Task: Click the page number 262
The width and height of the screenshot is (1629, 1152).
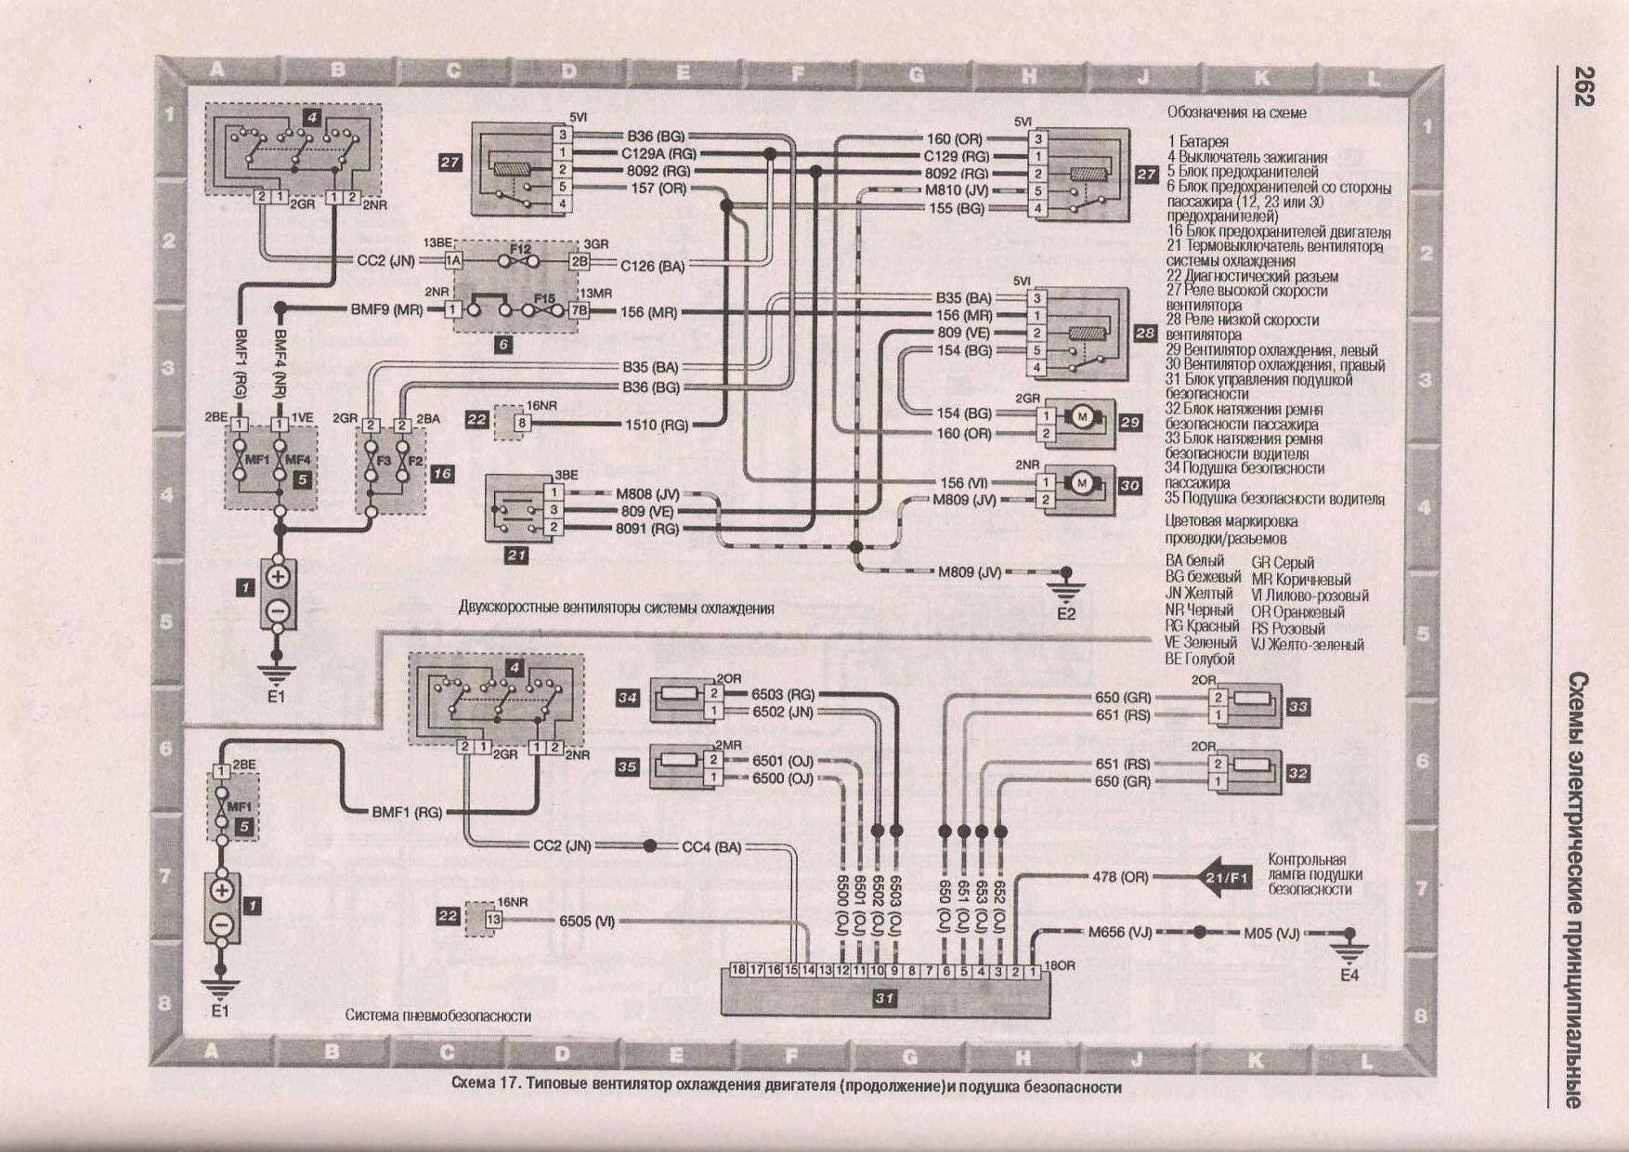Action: pos(1583,86)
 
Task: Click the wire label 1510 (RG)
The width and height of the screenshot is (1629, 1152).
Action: pos(656,425)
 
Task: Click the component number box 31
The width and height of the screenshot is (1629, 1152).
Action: pos(884,999)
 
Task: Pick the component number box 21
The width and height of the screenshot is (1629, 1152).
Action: pos(515,556)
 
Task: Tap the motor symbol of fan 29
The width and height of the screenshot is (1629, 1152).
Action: pos(1082,417)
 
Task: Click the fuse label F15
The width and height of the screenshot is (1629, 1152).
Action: pos(544,298)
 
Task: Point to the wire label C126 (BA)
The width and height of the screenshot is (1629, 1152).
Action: pos(652,267)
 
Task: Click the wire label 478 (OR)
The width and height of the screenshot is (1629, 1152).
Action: pos(1120,877)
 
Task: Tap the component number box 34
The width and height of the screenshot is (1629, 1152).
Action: pos(628,699)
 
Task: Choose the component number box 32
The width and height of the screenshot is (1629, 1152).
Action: pos(1297,773)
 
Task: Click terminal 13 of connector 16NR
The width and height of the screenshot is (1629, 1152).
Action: pos(492,920)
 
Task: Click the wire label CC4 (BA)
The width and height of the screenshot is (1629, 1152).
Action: pos(711,847)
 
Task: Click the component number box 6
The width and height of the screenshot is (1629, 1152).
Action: pos(503,344)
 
